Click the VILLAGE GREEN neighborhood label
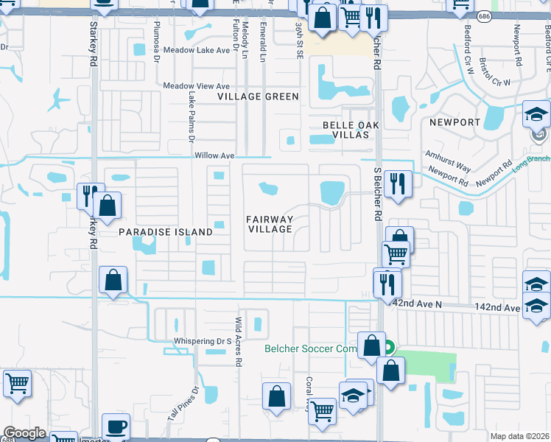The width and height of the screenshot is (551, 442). pyautogui.click(x=258, y=97)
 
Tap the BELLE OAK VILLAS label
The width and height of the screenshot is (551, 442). pyautogui.click(x=351, y=130)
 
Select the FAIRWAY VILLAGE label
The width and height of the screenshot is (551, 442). pyautogui.click(x=270, y=225)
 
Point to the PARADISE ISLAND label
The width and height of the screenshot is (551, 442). pyautogui.click(x=166, y=232)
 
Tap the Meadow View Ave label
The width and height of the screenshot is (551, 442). pyautogui.click(x=197, y=85)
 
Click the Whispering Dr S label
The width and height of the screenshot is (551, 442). pyautogui.click(x=203, y=341)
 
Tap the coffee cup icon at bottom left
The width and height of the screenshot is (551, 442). pyautogui.click(x=116, y=427)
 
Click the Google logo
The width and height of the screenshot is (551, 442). pyautogui.click(x=24, y=433)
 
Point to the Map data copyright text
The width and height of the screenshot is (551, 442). pyautogui.click(x=519, y=436)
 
